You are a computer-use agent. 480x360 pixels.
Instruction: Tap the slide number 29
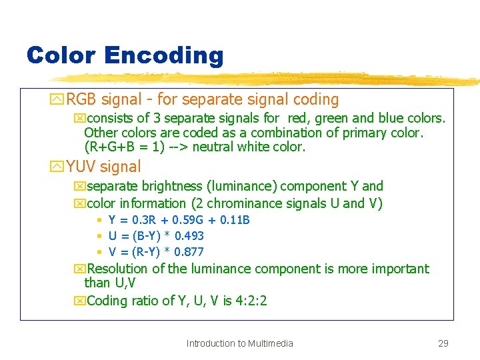tap(443, 343)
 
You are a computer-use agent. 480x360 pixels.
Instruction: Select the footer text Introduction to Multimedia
tap(239, 343)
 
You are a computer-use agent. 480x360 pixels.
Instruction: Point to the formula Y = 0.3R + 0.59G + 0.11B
tap(179, 220)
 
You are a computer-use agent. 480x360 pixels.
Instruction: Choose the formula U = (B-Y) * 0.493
tap(156, 236)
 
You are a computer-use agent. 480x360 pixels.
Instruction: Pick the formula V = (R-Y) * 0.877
tap(156, 252)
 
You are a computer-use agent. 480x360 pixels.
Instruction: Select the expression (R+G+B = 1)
tap(125, 147)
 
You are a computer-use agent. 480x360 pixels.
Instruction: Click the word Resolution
tap(117, 269)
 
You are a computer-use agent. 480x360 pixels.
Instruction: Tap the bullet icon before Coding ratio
tap(80, 301)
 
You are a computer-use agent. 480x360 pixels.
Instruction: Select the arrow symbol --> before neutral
tap(181, 147)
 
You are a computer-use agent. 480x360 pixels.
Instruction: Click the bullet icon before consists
tap(80, 119)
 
